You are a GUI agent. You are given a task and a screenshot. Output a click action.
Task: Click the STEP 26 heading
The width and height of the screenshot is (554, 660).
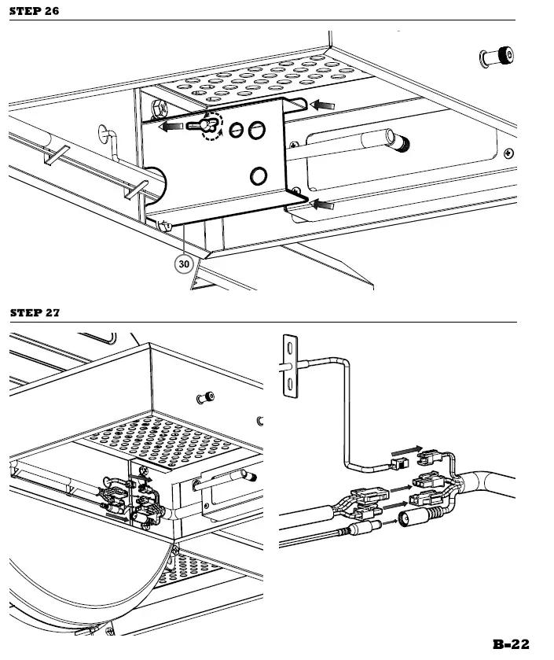[34, 11]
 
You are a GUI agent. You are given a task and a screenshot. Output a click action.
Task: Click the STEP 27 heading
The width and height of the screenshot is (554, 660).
[34, 312]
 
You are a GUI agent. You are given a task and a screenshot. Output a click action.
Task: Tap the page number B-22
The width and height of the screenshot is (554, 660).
[511, 644]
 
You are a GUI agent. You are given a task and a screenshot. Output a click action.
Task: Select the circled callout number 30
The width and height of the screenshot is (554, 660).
[183, 264]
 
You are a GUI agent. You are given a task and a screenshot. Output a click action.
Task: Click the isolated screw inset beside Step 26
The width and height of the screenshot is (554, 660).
[497, 57]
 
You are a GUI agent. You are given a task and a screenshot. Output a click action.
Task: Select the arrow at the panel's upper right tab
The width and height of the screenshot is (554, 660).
[322, 104]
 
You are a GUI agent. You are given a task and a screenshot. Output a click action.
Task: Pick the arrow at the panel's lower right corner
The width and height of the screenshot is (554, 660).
[323, 205]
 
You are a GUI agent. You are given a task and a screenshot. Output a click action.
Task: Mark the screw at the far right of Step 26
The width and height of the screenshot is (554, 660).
[510, 152]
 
